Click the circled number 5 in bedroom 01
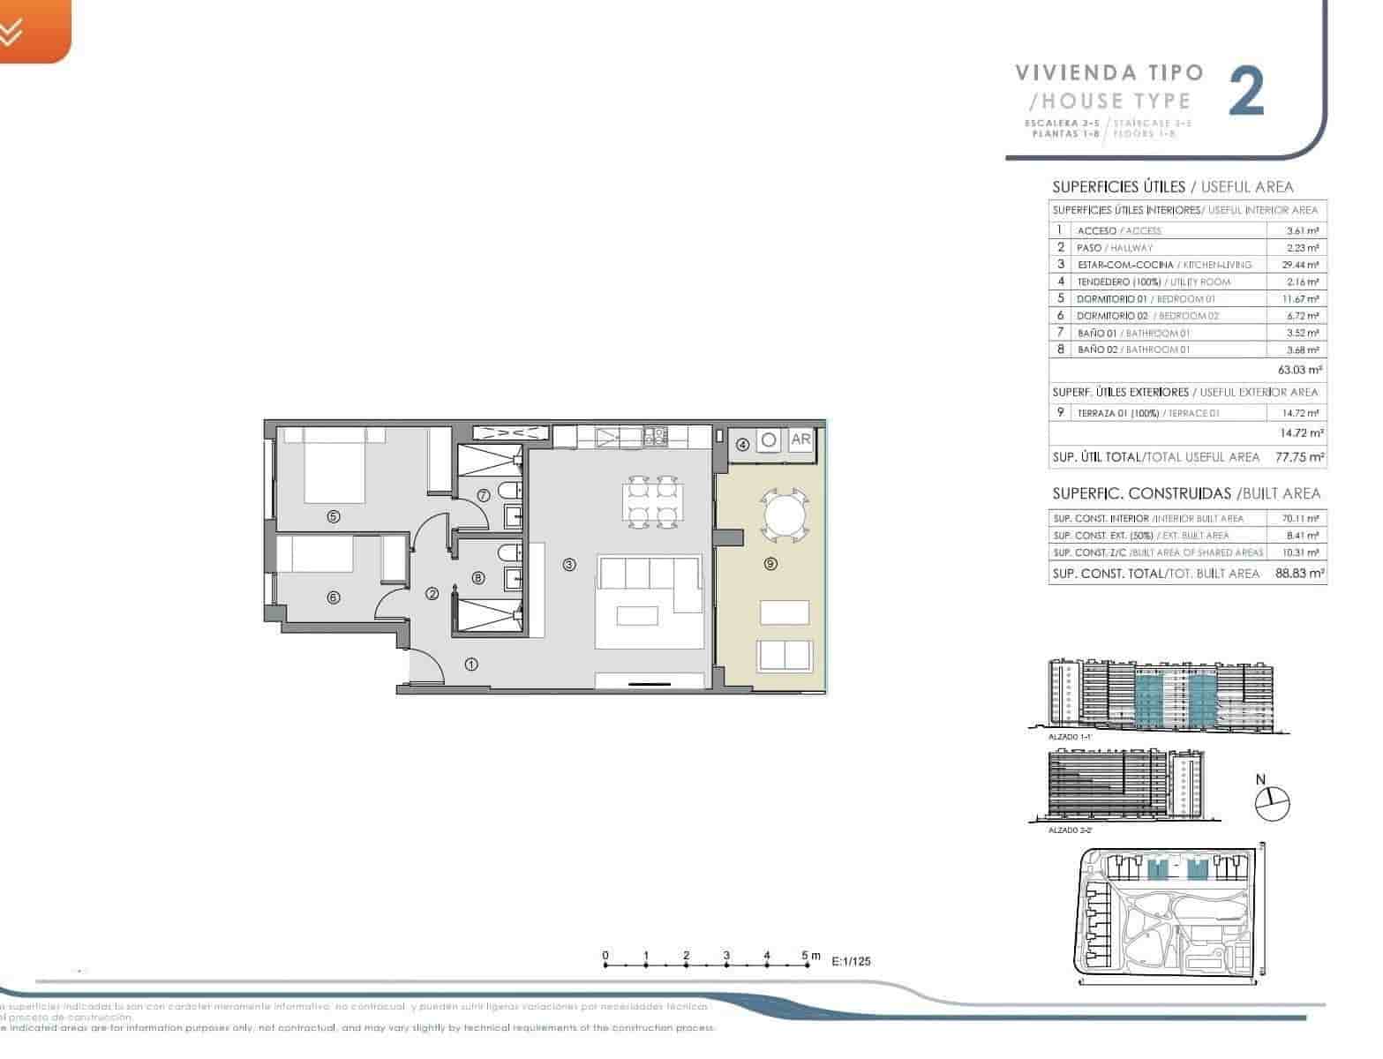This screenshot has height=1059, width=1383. [333, 517]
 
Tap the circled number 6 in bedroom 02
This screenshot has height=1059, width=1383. [333, 597]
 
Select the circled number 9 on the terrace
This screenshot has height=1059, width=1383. [770, 564]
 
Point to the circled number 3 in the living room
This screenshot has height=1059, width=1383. [569, 564]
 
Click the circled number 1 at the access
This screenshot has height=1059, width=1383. [471, 665]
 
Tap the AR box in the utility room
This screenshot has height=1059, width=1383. [800, 439]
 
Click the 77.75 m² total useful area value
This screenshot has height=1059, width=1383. [1299, 457]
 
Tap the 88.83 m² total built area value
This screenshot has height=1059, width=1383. [1299, 574]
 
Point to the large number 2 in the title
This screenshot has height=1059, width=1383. [1247, 93]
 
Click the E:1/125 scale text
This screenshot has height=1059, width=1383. [851, 962]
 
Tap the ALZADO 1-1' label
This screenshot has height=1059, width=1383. [1069, 736]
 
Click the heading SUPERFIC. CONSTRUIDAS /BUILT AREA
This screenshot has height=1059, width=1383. [1185, 493]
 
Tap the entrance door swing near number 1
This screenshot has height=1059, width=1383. [428, 665]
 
